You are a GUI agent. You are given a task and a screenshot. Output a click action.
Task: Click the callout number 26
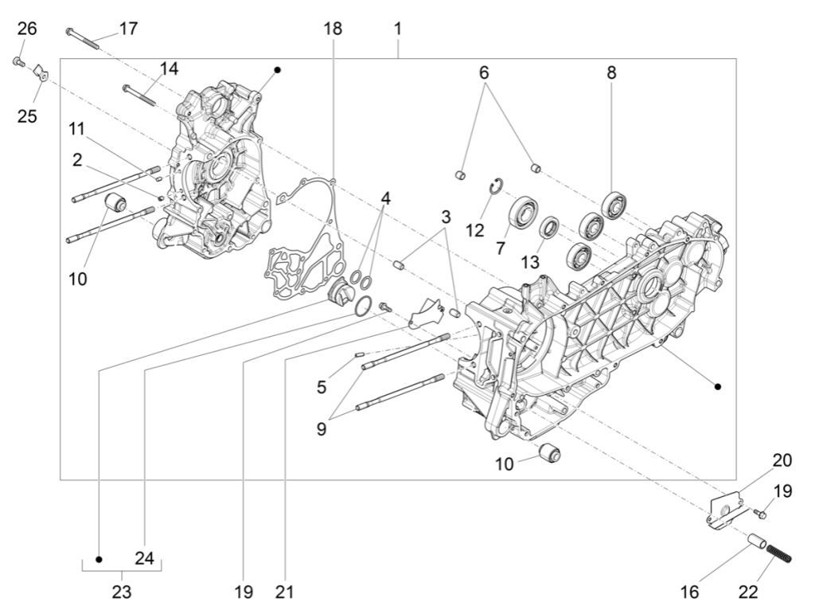[27, 29]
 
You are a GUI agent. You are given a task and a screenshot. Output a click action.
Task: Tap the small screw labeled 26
[18, 61]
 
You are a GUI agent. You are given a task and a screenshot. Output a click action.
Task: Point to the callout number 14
[168, 68]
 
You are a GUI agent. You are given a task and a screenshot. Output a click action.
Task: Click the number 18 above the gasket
[333, 29]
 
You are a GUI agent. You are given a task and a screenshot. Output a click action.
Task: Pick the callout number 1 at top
[397, 29]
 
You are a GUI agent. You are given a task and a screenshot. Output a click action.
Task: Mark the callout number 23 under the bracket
[121, 592]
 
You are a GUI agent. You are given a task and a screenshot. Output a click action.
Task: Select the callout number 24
[144, 558]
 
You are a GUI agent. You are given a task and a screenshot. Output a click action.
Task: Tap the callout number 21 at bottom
[285, 592]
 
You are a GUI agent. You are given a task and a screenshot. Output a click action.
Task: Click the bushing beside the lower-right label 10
[549, 455]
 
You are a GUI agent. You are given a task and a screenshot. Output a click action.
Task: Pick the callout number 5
[322, 387]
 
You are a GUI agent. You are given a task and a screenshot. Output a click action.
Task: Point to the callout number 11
[76, 127]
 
